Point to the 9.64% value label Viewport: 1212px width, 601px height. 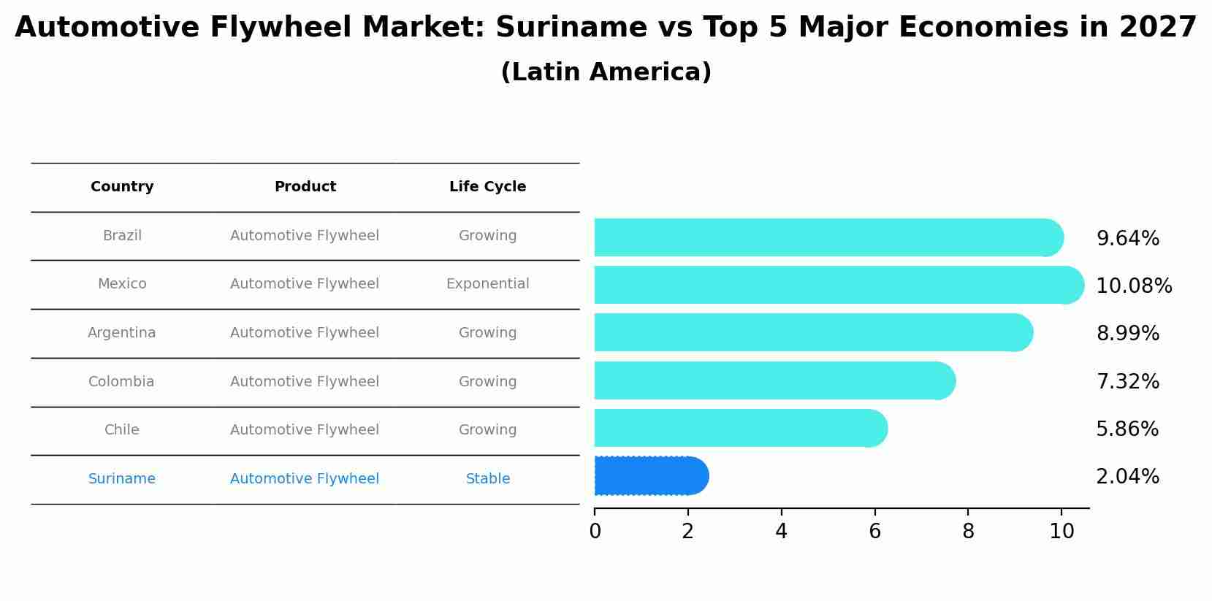click(1127, 238)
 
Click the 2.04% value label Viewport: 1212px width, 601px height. click(1127, 476)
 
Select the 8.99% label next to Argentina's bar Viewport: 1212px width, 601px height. click(1127, 333)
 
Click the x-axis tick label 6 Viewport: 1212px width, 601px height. click(874, 532)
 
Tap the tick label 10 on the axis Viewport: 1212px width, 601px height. click(1062, 532)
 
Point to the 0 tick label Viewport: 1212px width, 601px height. click(595, 532)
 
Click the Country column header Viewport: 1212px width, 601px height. click(122, 187)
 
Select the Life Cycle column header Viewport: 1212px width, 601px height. click(487, 187)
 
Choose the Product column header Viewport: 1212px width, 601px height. click(305, 187)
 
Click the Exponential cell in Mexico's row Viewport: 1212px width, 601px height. click(487, 284)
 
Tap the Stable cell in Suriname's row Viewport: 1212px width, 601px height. click(487, 479)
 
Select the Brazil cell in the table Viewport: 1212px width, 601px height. click(122, 236)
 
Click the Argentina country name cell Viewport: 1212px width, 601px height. click(121, 333)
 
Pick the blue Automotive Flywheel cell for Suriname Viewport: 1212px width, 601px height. click(304, 479)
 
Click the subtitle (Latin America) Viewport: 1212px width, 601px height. click(606, 72)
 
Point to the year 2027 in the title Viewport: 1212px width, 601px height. click(1157, 28)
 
